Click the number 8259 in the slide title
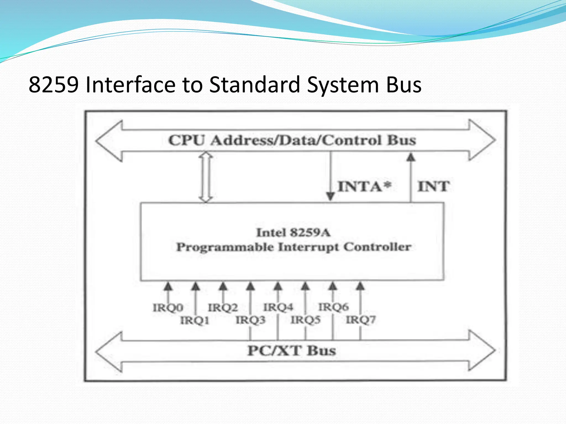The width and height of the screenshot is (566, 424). click(x=54, y=84)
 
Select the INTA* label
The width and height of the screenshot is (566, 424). click(x=364, y=186)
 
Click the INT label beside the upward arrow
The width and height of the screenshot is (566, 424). click(x=433, y=186)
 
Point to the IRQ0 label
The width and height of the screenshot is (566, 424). click(x=168, y=308)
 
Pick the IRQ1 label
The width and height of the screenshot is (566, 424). click(x=195, y=320)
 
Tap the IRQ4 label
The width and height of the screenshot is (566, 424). click(x=278, y=307)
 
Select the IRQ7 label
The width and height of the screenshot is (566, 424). click(x=361, y=320)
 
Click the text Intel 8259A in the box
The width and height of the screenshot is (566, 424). click(x=293, y=232)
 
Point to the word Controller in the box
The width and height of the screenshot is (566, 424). click(x=377, y=247)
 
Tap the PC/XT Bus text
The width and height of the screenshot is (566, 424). click(x=292, y=351)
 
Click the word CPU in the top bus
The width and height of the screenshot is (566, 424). click(x=187, y=140)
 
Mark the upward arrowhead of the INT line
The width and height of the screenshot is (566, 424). click(x=411, y=157)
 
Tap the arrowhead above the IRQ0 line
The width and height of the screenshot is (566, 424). click(x=168, y=287)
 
